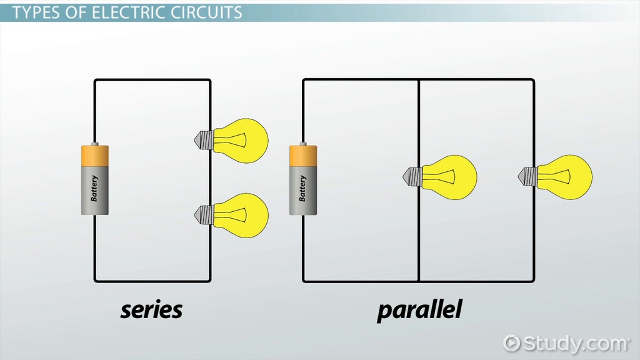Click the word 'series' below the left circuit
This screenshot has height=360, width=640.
(x=151, y=309)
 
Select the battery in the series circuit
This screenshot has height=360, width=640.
(x=95, y=180)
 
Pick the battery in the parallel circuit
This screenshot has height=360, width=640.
(x=303, y=180)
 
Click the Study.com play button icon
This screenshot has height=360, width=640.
(x=512, y=343)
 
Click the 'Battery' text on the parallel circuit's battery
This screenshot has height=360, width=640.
(x=303, y=187)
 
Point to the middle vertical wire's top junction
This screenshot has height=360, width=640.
(x=419, y=79)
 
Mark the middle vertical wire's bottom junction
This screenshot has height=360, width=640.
(x=419, y=281)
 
